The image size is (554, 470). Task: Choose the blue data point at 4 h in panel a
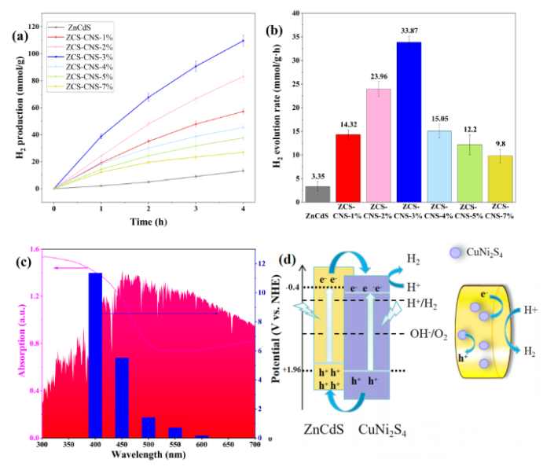(x=244, y=41)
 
